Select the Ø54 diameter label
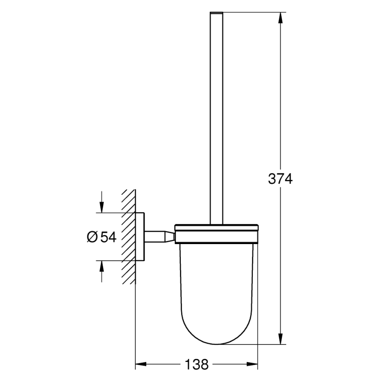tap(101, 237)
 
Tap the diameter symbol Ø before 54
tap(92, 237)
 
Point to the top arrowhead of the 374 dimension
tap(279, 17)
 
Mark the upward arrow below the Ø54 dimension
tap(101, 267)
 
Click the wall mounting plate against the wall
tap(140, 237)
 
